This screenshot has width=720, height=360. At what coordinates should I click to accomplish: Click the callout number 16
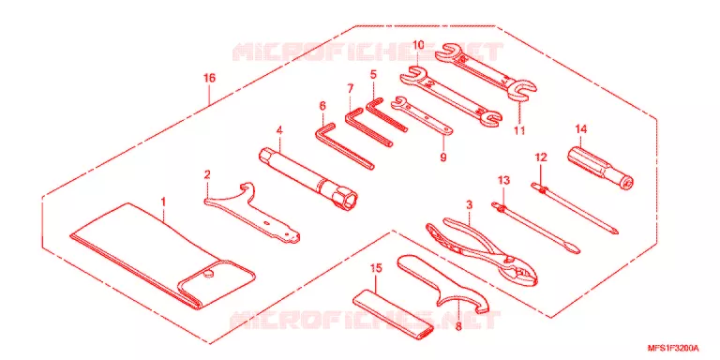[209, 78]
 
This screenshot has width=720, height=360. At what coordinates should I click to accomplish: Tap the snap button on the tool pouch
[207, 275]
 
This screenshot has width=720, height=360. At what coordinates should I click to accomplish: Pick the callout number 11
[519, 130]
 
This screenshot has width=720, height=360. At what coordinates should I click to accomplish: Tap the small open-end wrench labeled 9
[422, 116]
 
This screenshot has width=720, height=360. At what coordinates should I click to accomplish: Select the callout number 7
[350, 87]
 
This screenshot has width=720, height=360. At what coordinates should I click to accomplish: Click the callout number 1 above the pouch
[164, 202]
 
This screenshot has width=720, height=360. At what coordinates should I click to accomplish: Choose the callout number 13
[503, 180]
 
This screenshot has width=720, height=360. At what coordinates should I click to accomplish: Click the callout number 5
[373, 73]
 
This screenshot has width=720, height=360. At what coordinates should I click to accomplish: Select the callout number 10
[418, 45]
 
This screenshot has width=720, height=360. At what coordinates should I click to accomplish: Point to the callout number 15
[376, 269]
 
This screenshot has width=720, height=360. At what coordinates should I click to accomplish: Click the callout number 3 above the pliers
[469, 205]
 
